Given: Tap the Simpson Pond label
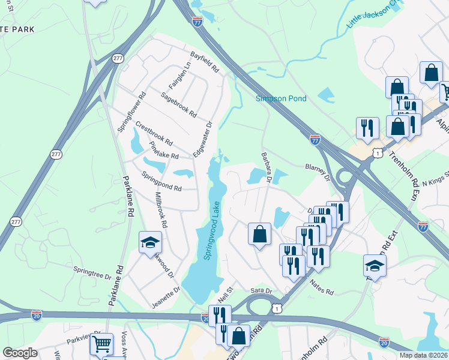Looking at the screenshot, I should click(x=281, y=99).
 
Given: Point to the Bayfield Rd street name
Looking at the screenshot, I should click(x=205, y=62).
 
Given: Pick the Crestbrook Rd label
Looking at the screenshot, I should click(x=154, y=134).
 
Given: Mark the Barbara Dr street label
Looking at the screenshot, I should click(x=267, y=167).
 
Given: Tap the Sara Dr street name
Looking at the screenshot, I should click(x=261, y=290).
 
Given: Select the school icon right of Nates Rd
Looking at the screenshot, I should click(x=375, y=266).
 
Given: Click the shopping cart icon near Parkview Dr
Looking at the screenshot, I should click(x=101, y=345).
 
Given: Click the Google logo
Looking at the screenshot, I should click(x=20, y=353).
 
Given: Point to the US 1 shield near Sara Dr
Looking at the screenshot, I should click(x=276, y=307).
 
